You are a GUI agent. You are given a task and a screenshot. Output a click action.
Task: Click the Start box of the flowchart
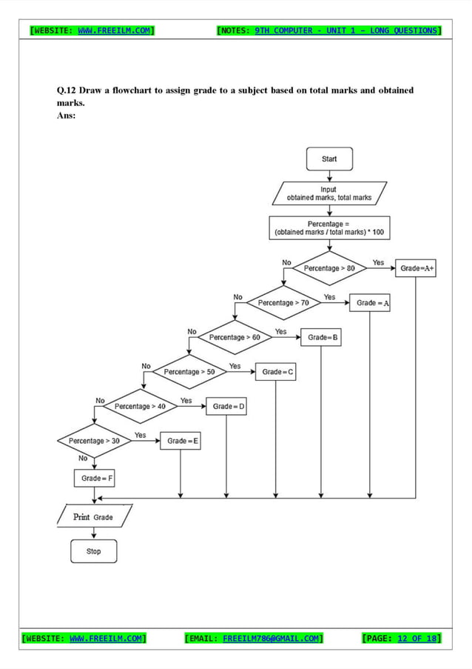tap(329, 159)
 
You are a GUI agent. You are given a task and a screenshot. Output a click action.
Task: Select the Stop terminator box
tap(93, 551)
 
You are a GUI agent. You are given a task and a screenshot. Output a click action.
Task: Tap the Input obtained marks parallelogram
tap(329, 194)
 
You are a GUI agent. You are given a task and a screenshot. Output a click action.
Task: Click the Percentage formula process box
tap(329, 227)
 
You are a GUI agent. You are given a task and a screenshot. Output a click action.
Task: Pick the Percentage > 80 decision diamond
tap(329, 268)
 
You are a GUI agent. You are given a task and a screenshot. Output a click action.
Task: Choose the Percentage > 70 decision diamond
tap(283, 302)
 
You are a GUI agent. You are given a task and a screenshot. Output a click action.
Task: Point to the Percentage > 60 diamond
tap(235, 337)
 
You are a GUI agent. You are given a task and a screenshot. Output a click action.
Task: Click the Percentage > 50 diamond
tap(189, 372)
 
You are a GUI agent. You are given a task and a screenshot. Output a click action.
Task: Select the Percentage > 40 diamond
tap(141, 406)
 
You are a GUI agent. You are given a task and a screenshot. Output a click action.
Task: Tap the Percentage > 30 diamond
tap(94, 441)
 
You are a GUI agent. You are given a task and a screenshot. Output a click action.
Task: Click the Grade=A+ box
tap(417, 269)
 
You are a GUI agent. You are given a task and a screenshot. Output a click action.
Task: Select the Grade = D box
tap(226, 407)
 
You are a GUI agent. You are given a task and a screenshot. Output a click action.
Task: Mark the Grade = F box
tap(94, 479)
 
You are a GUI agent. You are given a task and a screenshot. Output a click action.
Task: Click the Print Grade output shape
tap(94, 516)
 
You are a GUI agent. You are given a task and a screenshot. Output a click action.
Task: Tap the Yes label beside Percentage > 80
tap(378, 262)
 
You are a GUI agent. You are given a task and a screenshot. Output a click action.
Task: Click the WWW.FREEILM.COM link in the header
tap(115, 30)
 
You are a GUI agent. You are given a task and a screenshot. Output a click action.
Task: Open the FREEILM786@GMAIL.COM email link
tap(271, 638)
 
